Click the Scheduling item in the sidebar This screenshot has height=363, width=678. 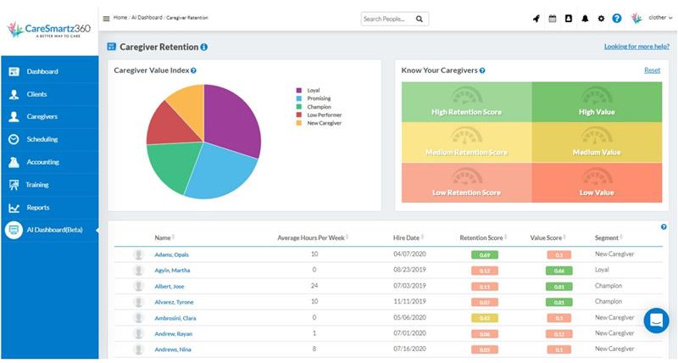(42, 139)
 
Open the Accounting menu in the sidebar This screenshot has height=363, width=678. (42, 162)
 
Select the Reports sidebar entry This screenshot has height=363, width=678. (38, 207)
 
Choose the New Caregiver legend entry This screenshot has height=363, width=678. (325, 123)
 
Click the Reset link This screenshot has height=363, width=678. (652, 70)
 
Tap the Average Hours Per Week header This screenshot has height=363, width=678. (310, 238)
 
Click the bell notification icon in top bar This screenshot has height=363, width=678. (585, 18)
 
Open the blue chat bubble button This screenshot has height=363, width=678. (656, 320)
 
